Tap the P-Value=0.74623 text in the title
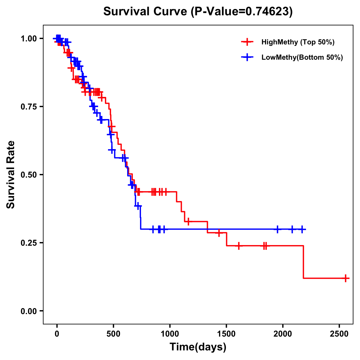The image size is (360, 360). pos(241,12)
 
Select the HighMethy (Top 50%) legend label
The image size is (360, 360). pos(298,42)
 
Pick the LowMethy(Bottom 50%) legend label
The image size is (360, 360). pos(302,57)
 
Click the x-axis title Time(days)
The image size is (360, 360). pos(198,347)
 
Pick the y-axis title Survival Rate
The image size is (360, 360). pos(11,175)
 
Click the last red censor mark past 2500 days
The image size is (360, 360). pos(345,278)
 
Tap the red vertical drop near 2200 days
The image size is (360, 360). pos(303,262)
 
